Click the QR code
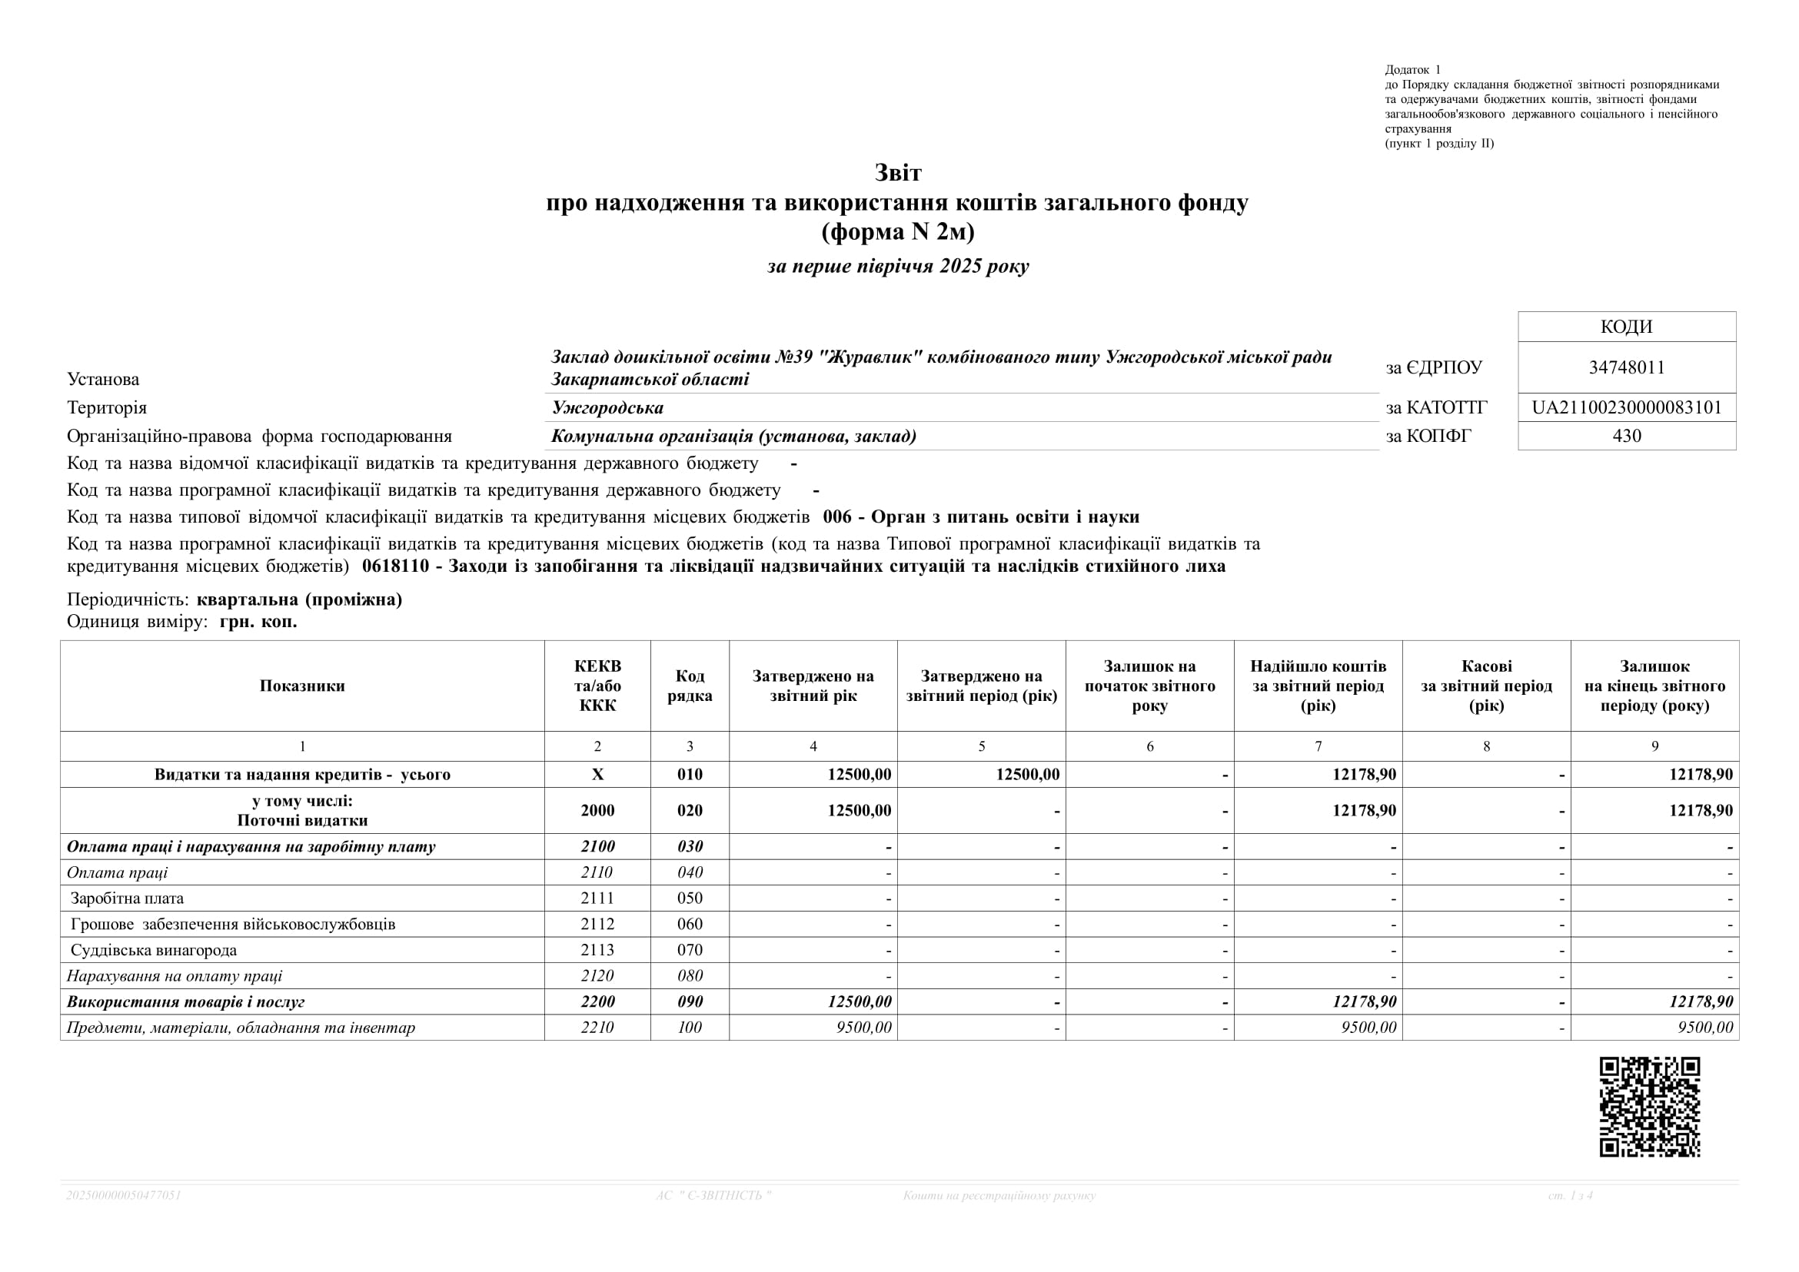coord(1649,1107)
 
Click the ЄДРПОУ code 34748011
coord(1627,367)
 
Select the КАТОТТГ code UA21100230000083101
coord(1627,407)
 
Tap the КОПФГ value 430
coord(1627,436)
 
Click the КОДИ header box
coord(1627,327)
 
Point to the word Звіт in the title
coord(898,172)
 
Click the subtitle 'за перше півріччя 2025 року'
coord(898,266)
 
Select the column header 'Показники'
coord(302,686)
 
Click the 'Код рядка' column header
coord(690,686)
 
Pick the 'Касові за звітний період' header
coord(1486,686)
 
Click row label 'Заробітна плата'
coord(127,898)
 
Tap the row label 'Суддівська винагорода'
coord(154,950)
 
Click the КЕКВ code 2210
coord(597,1028)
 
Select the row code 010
coord(690,775)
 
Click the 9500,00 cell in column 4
coord(863,1028)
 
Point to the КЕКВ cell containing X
coord(597,775)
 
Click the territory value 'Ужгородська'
coord(607,408)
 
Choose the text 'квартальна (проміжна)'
coord(299,600)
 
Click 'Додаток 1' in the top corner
coord(1413,70)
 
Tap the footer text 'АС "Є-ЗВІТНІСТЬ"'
coord(713,1195)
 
